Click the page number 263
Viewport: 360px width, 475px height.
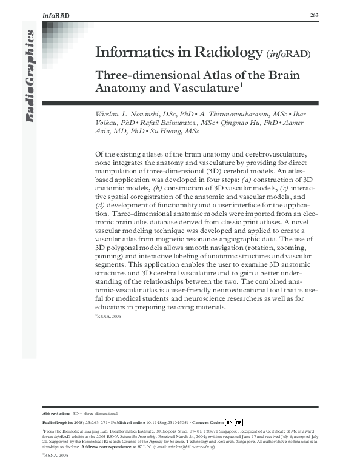[314, 15]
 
